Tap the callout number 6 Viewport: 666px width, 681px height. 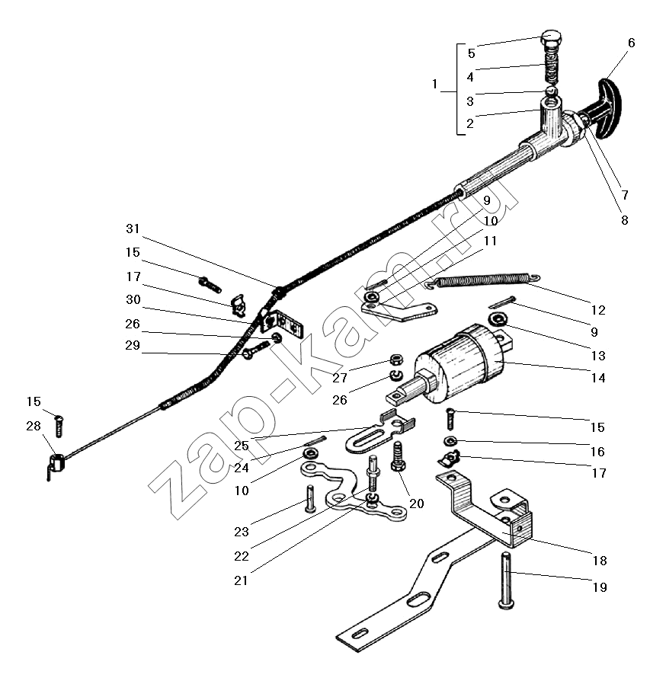pyautogui.click(x=631, y=43)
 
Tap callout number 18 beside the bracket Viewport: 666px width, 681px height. pyautogui.click(x=600, y=561)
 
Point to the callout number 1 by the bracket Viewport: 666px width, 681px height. pyautogui.click(x=435, y=85)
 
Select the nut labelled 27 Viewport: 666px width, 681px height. pyautogui.click(x=396, y=359)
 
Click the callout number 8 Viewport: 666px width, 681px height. pyautogui.click(x=624, y=221)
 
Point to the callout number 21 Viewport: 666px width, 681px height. pyautogui.click(x=242, y=580)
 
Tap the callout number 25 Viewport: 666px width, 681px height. pyautogui.click(x=242, y=445)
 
